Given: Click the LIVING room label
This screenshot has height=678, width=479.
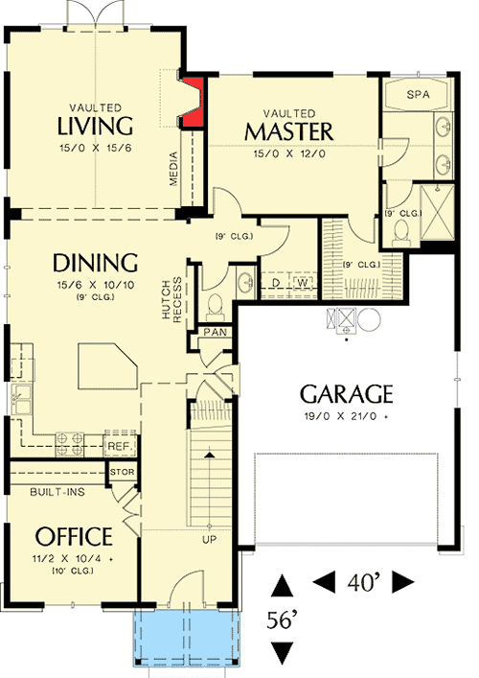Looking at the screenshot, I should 93,126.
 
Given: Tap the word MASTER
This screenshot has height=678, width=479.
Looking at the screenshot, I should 288,130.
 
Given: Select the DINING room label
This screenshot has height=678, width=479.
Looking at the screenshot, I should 96,262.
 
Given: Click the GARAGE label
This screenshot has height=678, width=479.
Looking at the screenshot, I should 347,393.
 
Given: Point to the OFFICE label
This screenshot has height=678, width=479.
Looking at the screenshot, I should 74,536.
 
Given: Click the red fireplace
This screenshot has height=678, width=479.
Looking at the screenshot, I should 194,104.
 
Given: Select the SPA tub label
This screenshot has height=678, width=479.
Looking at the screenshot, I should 418,96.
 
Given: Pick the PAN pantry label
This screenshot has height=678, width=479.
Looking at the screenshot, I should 214,333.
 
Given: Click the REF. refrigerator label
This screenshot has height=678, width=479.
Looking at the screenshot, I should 120,446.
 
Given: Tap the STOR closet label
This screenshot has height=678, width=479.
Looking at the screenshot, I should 123,473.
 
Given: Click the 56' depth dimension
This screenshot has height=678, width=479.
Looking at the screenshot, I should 281,620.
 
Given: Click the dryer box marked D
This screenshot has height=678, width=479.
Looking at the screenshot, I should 278,283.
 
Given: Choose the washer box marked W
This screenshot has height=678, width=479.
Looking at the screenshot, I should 301,283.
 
